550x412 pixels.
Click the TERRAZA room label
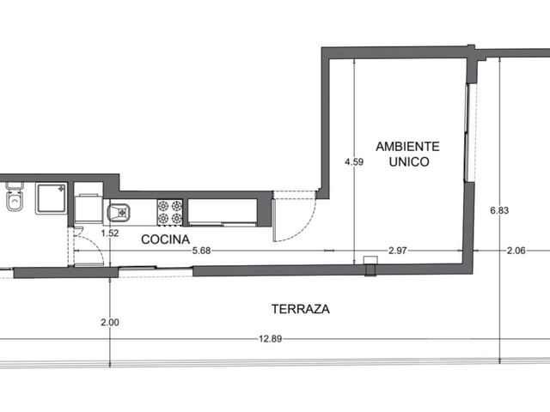(301, 309)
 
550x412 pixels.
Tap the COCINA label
(166, 239)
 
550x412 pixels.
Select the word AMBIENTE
(407, 146)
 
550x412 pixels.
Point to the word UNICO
(409, 161)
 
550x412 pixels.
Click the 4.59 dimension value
(354, 162)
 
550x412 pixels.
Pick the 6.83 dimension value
(499, 210)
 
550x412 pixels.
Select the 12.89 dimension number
(271, 339)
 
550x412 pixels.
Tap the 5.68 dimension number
(201, 251)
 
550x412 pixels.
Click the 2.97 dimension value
(398, 251)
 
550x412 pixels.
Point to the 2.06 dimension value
(516, 251)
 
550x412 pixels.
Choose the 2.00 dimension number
(110, 322)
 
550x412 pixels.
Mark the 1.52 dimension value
(110, 233)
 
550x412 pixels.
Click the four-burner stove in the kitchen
(170, 212)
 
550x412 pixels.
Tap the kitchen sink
(119, 213)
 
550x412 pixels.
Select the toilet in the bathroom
(15, 197)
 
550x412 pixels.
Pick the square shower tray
(52, 198)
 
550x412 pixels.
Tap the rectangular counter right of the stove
(223, 212)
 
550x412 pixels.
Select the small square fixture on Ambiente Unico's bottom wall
(370, 260)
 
